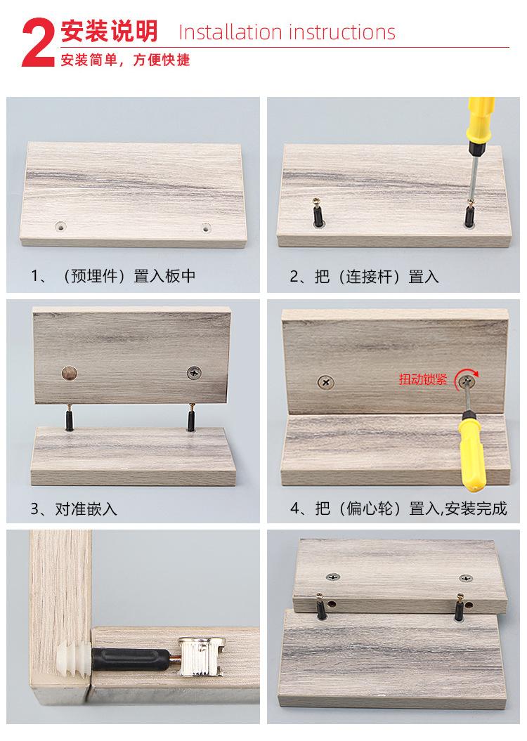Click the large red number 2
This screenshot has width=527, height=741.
pos(38,43)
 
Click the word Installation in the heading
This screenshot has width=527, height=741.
pos(230,32)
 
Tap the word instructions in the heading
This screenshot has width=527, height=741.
pos(341,32)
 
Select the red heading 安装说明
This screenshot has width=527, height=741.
pos(109,31)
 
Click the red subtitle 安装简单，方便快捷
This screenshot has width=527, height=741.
pos(125,60)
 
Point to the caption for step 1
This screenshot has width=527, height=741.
pos(113,276)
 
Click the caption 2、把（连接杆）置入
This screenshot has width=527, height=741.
pos(365,277)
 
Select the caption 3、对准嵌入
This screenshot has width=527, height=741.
pos(74,509)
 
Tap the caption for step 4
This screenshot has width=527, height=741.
pos(398,509)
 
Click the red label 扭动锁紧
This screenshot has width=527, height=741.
pos(423,379)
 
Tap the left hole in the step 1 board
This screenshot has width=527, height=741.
pos(60,226)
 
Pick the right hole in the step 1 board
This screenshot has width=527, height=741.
pos(206,228)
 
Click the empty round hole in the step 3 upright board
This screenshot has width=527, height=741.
pos(70,374)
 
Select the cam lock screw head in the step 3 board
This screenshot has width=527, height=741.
pos(194,372)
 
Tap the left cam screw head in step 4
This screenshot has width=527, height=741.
pos(325,381)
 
